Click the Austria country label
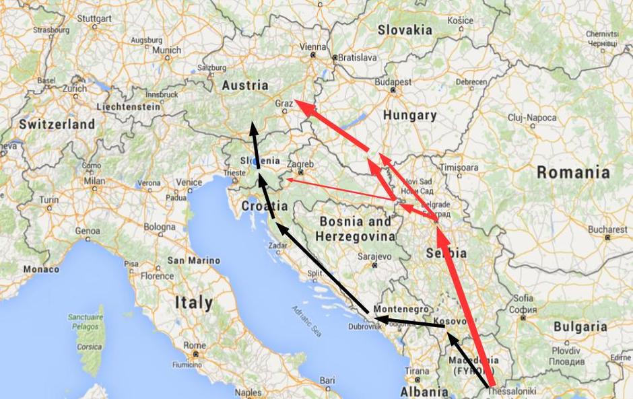pyautogui.click(x=245, y=85)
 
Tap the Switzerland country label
pyautogui.click(x=57, y=124)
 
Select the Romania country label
pyautogui.click(x=573, y=172)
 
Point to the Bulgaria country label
pyautogui.click(x=580, y=326)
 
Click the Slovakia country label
pyautogui.click(x=405, y=30)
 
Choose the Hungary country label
pyautogui.click(x=409, y=115)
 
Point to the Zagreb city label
pyautogui.click(x=300, y=164)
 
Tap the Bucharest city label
pyautogui.click(x=607, y=229)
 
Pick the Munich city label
pyautogui.click(x=166, y=50)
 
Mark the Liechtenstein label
pyautogui.click(x=129, y=106)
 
